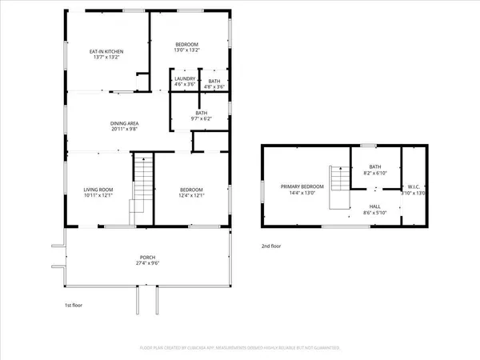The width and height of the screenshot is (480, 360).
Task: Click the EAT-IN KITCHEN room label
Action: pyautogui.click(x=105, y=51)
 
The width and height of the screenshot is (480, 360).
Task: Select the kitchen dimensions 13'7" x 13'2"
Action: pyautogui.click(x=105, y=58)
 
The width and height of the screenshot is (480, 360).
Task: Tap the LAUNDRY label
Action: pyautogui.click(x=185, y=78)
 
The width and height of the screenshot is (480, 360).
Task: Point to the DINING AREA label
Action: pyautogui.click(x=126, y=122)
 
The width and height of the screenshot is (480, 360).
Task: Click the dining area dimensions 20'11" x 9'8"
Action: pyautogui.click(x=126, y=129)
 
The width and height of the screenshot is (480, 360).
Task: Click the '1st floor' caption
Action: pyautogui.click(x=74, y=306)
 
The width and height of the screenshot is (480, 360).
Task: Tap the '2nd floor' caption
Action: pyautogui.click(x=271, y=246)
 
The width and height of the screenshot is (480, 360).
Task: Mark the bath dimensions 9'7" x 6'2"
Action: pyautogui.click(x=199, y=119)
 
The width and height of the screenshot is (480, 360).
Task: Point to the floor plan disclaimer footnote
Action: pyautogui.click(x=240, y=348)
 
